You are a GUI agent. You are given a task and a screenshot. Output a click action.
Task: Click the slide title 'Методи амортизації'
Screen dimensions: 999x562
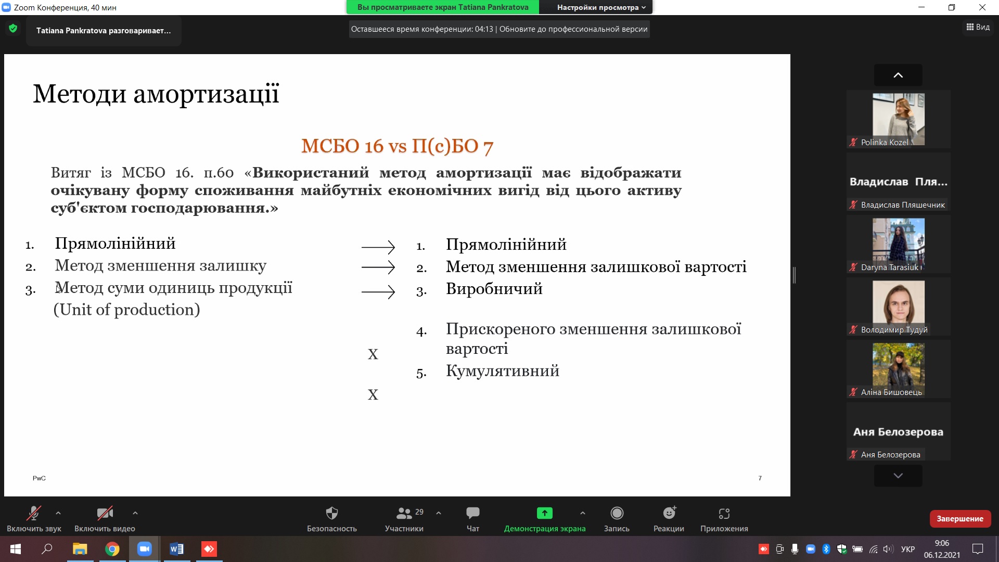156,94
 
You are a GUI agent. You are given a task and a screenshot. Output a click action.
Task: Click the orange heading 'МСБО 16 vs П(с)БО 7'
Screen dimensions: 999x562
397,146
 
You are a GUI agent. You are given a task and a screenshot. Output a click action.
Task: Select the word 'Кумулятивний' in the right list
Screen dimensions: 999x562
503,371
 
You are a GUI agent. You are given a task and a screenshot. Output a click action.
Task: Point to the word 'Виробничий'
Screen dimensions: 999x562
494,289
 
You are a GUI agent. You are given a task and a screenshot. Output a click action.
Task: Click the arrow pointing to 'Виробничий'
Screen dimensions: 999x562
378,292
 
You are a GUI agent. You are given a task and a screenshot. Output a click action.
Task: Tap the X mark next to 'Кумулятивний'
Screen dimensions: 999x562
373,395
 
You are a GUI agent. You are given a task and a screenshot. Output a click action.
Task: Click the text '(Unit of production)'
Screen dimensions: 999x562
127,310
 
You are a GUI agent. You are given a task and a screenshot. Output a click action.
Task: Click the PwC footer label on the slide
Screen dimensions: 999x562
39,478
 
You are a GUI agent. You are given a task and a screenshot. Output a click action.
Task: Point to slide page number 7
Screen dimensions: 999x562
760,478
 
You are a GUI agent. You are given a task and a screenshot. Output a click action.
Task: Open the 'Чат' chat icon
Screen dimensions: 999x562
473,513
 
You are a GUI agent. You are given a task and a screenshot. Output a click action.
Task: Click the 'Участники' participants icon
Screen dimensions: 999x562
404,513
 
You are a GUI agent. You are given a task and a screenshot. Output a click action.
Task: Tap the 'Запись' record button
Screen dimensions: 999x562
617,513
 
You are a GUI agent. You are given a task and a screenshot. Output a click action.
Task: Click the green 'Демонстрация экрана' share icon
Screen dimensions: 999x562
545,513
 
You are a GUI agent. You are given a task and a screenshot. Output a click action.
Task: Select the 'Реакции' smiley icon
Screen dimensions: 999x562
669,513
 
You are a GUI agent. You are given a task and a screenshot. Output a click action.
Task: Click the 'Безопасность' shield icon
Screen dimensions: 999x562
332,513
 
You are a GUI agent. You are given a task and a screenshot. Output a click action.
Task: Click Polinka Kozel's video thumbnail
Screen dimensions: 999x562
899,119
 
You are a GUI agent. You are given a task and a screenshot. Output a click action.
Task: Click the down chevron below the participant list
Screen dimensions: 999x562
898,476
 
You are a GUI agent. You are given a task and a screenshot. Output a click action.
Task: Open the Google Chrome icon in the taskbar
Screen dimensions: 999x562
112,549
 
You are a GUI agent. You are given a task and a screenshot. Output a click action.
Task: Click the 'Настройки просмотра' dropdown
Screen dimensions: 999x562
601,7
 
